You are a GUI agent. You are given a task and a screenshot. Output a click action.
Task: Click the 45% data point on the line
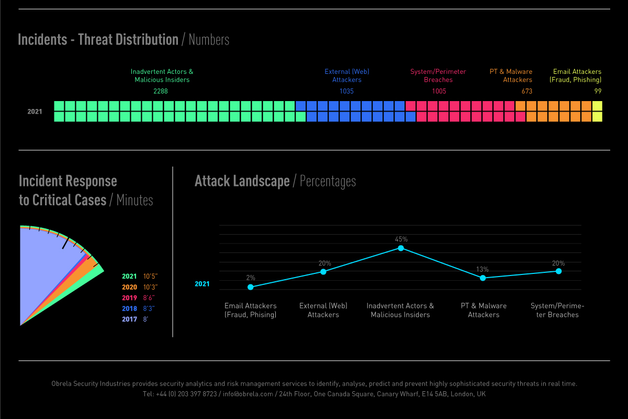point(401,248)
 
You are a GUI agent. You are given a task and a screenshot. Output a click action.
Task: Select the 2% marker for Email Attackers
point(251,287)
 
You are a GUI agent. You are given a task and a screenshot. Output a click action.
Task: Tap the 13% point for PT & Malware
point(483,278)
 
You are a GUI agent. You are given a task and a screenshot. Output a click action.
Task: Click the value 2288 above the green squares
point(161,91)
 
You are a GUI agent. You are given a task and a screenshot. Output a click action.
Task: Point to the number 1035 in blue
point(346,91)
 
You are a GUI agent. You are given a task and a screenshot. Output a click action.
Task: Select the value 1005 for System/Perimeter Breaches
point(439,91)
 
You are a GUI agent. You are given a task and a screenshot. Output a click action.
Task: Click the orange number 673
point(526,91)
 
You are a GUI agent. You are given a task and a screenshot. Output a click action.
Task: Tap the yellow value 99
point(598,91)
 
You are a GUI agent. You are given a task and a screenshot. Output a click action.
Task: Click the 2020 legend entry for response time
point(129,287)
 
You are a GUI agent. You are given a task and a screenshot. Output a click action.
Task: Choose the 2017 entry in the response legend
point(129,319)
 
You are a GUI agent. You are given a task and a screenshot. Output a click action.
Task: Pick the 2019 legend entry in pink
point(129,298)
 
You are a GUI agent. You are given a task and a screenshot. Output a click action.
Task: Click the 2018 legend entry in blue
point(129,308)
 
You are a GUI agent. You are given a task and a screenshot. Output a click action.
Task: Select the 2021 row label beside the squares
point(35,112)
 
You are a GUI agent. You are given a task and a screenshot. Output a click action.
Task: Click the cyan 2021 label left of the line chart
point(202,284)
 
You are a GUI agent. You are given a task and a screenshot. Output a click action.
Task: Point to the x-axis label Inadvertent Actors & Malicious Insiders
point(400,310)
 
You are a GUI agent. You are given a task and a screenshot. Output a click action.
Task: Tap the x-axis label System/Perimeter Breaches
point(557,310)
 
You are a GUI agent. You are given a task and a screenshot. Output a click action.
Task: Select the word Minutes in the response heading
point(134,200)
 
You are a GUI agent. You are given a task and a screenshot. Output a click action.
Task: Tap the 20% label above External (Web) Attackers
point(324,263)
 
